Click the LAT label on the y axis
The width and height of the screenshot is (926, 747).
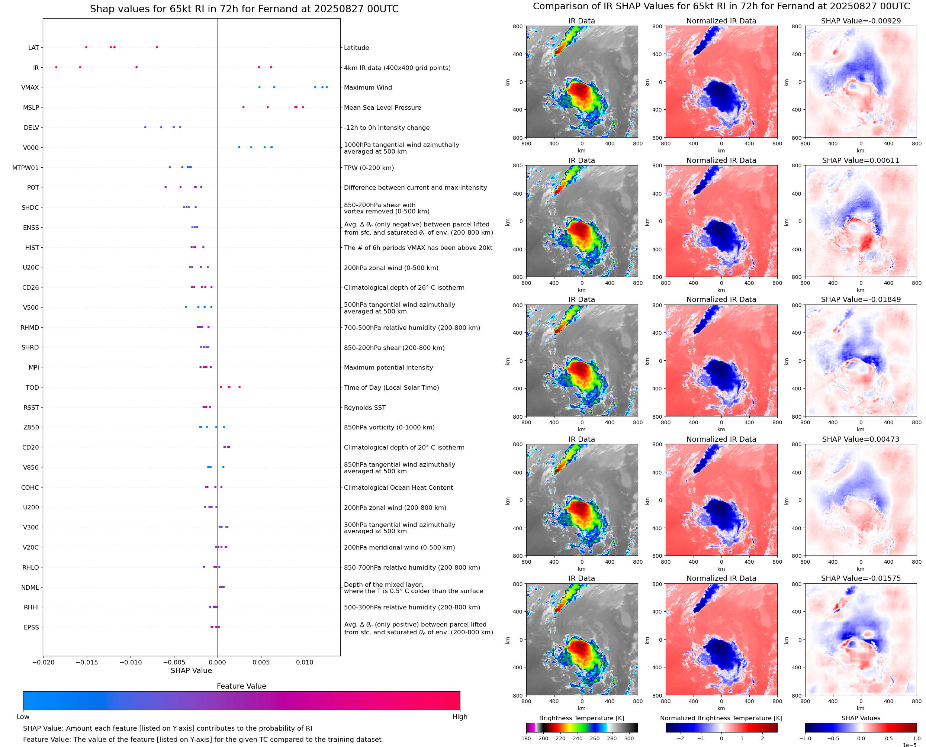tap(33, 48)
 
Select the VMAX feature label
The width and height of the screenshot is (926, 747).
tap(30, 87)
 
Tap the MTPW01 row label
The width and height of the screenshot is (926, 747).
tap(25, 168)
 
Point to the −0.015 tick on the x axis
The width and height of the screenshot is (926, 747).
tap(87, 662)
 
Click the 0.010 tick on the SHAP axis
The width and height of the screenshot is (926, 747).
tap(305, 662)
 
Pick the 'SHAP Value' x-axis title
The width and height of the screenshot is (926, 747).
tap(191, 670)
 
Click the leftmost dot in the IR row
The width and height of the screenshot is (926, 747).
tap(57, 67)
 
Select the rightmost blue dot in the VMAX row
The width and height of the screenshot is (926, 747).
tap(327, 87)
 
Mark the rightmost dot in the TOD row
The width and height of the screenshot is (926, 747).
tap(239, 387)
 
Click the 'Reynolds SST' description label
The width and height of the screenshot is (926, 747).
tap(364, 408)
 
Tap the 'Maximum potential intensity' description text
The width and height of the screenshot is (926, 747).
tap(388, 367)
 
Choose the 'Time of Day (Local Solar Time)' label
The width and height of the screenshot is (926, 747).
tap(391, 388)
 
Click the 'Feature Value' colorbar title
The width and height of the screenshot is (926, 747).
tap(241, 686)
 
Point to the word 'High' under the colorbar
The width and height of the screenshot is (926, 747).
tap(460, 717)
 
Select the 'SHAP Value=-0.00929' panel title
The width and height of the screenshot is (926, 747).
tap(861, 21)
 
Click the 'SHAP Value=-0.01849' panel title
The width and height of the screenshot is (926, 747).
tap(861, 299)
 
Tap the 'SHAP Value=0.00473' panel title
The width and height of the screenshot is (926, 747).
tap(861, 439)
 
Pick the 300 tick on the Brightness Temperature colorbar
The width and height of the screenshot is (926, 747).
tap(629, 738)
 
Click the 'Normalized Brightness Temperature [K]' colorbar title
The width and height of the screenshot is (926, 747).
tap(721, 718)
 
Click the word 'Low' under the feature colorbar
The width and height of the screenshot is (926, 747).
tap(23, 717)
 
